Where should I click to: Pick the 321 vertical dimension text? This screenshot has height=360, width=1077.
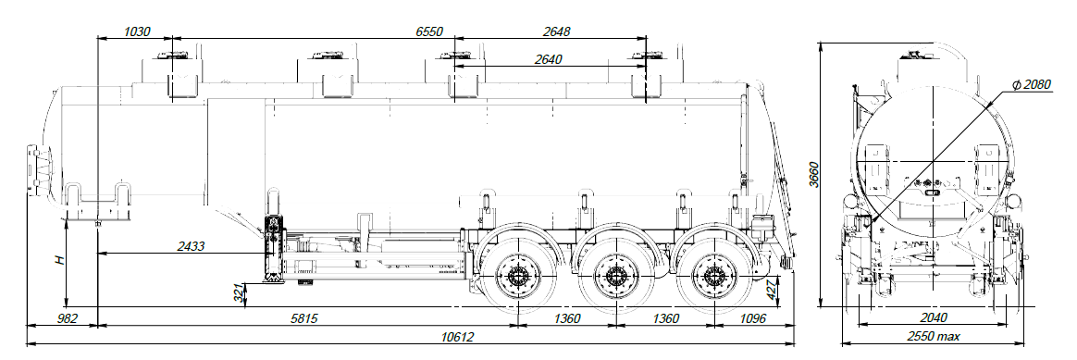(238, 295)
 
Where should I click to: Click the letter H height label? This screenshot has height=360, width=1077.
(58, 262)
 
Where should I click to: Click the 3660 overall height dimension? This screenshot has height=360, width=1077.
(813, 176)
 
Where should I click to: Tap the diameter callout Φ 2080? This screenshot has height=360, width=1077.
(1031, 84)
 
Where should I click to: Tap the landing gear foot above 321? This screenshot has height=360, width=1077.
(271, 280)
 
